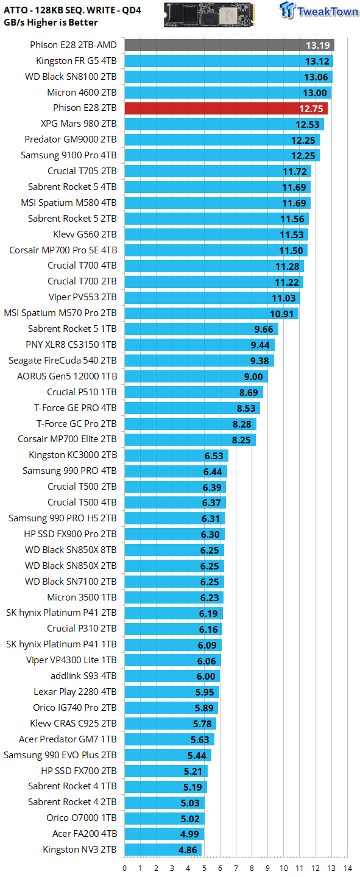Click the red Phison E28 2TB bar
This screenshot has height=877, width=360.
226,108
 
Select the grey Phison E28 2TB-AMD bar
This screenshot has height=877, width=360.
230,46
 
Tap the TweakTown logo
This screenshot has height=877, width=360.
319,10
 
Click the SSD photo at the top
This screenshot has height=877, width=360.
210,15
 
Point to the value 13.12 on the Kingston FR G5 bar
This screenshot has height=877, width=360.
317,62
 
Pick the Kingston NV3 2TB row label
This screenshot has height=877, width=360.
80,849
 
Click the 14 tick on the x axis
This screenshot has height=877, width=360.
347,868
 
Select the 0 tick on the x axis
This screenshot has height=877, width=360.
125,868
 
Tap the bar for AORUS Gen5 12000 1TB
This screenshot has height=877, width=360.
196,376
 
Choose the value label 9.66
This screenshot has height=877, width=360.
264,329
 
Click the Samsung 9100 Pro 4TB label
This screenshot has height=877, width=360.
69,155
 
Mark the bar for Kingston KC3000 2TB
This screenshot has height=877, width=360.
177,456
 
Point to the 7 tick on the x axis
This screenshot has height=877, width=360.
236,868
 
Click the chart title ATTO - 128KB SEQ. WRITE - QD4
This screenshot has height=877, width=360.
72,10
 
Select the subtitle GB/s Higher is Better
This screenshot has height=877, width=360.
51,23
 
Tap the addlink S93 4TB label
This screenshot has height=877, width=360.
84,676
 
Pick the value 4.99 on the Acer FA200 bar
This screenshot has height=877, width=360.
189,834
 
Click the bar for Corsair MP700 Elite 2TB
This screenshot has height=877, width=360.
191,440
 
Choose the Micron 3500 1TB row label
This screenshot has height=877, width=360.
82,597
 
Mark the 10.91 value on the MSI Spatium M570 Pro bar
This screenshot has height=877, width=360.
281,314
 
